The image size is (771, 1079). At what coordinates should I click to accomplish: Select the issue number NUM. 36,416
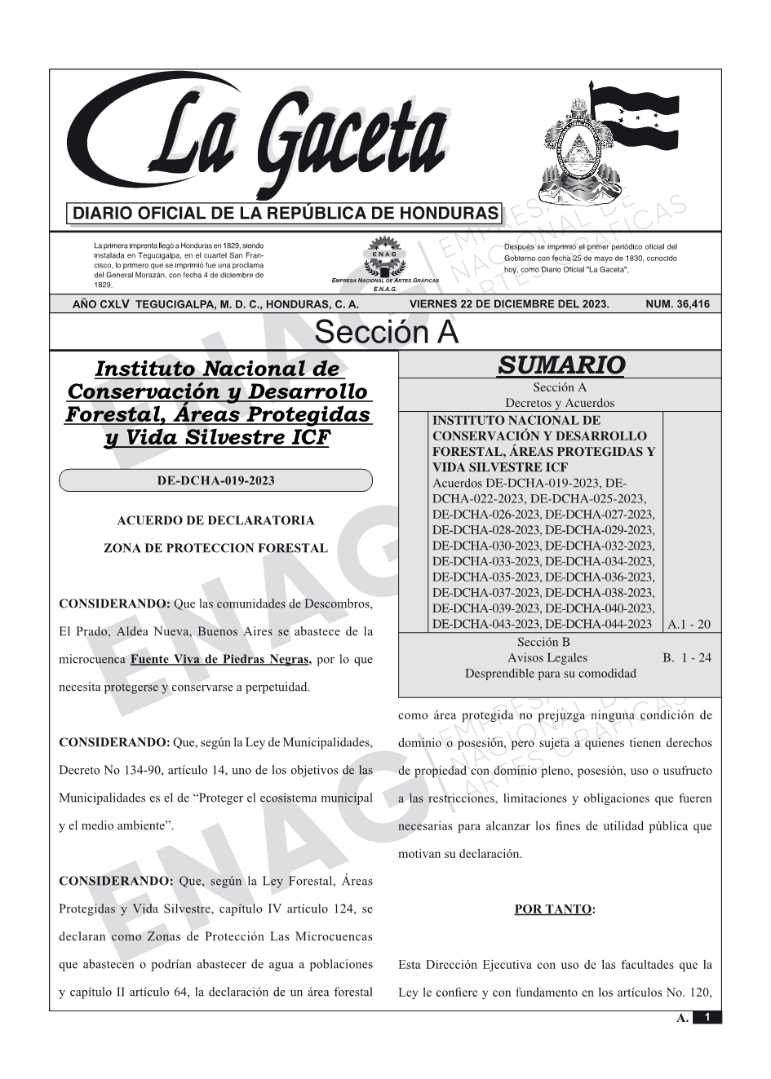[x=677, y=304]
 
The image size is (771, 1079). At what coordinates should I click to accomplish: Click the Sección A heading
[x=386, y=333]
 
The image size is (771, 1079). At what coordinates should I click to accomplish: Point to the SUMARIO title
[x=561, y=365]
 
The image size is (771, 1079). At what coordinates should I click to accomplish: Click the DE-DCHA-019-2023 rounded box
[x=215, y=480]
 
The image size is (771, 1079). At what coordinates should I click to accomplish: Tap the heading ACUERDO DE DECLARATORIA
[x=215, y=520]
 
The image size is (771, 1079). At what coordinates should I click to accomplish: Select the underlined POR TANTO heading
[x=554, y=909]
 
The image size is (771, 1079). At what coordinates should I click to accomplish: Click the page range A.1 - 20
[x=689, y=625]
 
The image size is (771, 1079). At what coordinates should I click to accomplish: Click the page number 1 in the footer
[x=707, y=1017]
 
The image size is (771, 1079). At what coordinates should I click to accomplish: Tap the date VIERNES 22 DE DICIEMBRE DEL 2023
[x=509, y=304]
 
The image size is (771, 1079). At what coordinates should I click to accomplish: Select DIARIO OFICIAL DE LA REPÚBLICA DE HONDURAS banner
[x=285, y=214]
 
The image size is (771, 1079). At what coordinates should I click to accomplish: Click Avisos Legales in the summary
[x=547, y=657]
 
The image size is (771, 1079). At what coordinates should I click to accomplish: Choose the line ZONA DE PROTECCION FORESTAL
[x=215, y=548]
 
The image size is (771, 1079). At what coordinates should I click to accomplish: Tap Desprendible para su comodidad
[x=550, y=674]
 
